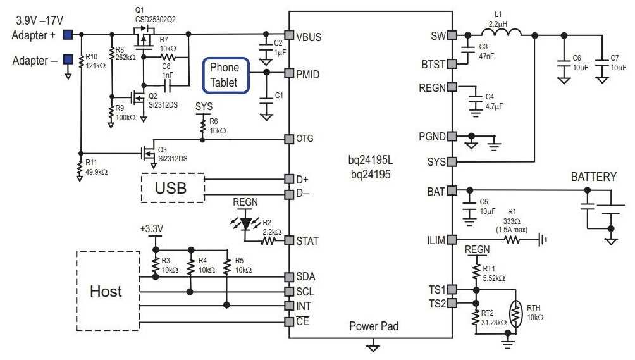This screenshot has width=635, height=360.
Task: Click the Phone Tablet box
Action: [225, 75]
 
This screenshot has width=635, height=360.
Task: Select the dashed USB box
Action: [173, 188]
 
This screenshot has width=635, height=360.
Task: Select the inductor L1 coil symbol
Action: [501, 33]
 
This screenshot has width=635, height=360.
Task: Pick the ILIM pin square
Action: [452, 240]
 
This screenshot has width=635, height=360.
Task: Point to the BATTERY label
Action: [593, 177]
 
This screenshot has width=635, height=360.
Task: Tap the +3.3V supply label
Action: [152, 228]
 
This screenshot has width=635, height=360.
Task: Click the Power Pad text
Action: [374, 326]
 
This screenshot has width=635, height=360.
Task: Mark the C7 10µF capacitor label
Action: [619, 63]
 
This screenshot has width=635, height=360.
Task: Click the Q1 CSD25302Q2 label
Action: [155, 15]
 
